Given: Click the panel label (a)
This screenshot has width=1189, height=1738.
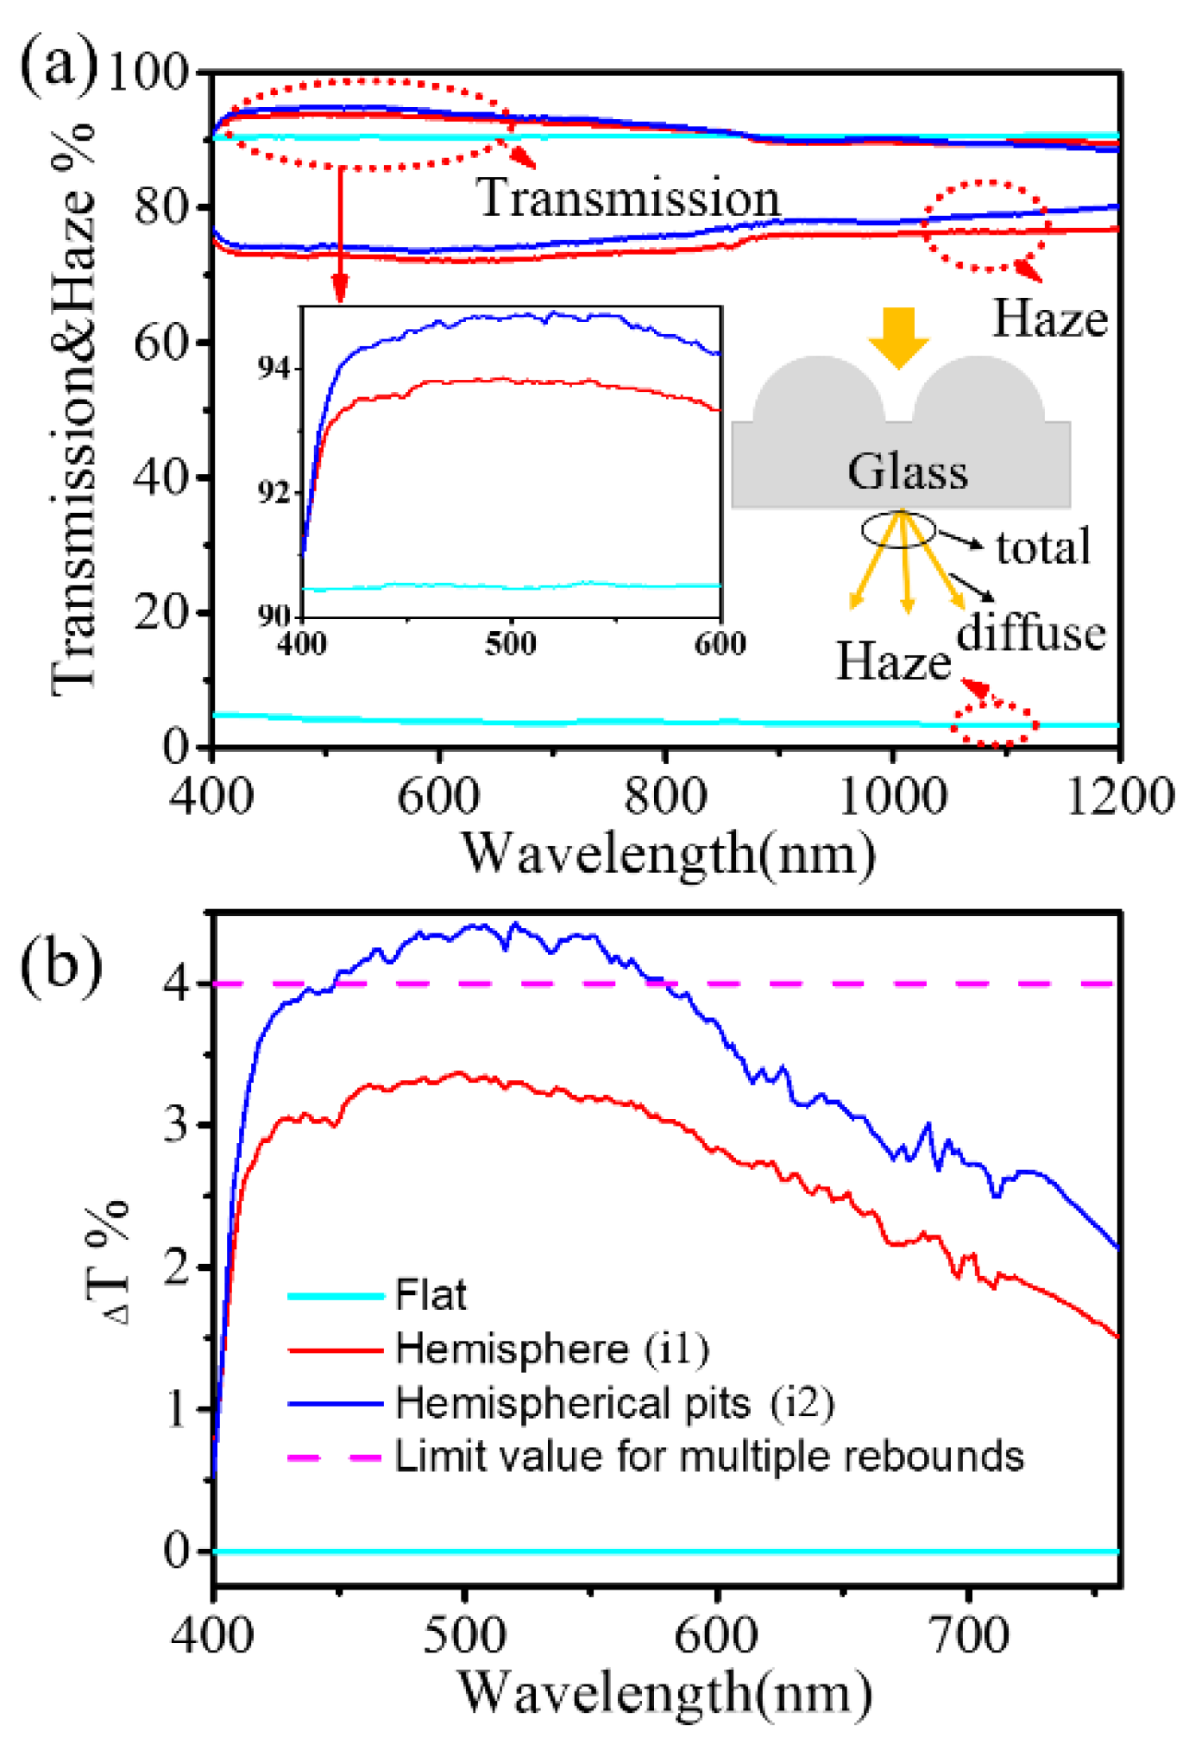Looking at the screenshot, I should (59, 65).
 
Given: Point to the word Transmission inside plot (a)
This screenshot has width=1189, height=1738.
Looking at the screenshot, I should (627, 198).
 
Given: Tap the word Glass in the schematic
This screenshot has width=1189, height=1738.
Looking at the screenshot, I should (907, 471).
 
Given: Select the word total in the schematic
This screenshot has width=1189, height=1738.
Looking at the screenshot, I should (1043, 547).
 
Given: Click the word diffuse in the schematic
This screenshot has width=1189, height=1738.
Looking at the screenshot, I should (1030, 633).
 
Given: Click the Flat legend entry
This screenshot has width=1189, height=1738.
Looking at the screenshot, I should (430, 1295).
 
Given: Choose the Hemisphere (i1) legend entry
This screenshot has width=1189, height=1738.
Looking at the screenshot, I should (552, 1349).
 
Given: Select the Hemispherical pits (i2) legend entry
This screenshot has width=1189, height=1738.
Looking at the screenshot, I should (614, 1403).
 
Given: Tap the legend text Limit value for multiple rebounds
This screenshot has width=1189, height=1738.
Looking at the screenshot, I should (708, 1457).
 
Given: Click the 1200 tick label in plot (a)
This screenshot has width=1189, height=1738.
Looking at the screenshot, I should (1119, 795).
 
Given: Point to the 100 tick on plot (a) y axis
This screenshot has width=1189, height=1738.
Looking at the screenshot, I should (148, 73).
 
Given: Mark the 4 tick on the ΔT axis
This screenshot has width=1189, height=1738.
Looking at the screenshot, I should (177, 983).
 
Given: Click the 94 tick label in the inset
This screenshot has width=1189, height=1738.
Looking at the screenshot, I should (274, 368).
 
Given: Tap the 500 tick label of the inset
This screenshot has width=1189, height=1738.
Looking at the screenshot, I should (510, 643).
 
